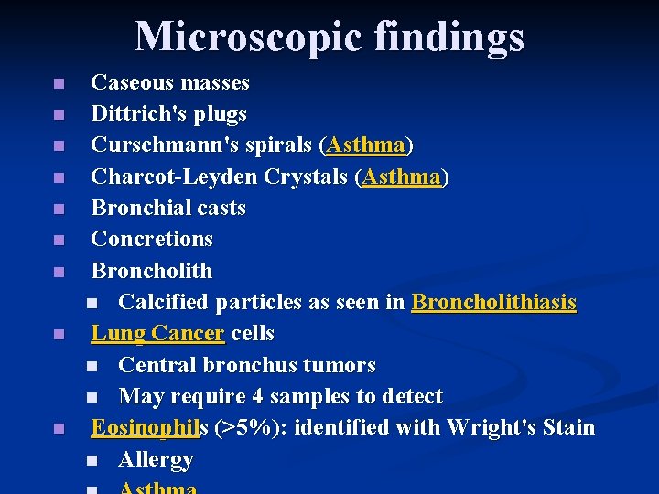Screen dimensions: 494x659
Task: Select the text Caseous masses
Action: (x=170, y=83)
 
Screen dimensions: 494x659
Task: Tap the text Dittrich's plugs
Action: (x=169, y=114)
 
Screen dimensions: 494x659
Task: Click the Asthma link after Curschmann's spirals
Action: (x=366, y=145)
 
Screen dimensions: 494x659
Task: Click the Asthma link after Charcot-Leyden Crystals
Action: (x=401, y=177)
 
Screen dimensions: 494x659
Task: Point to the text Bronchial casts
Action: (x=168, y=209)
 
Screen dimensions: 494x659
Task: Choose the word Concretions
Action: (x=152, y=240)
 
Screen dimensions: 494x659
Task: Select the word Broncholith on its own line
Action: (x=152, y=271)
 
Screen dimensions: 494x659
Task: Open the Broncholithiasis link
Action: (x=494, y=302)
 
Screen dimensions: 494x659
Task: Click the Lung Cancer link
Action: (x=157, y=333)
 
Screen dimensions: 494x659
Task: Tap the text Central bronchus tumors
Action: (x=247, y=365)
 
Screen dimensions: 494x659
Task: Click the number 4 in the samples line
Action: (x=254, y=396)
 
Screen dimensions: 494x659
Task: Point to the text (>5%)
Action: (x=242, y=427)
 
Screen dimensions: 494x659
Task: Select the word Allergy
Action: (x=156, y=459)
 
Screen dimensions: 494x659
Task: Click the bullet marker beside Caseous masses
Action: (x=59, y=84)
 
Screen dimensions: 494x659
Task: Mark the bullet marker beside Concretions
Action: (x=59, y=241)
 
